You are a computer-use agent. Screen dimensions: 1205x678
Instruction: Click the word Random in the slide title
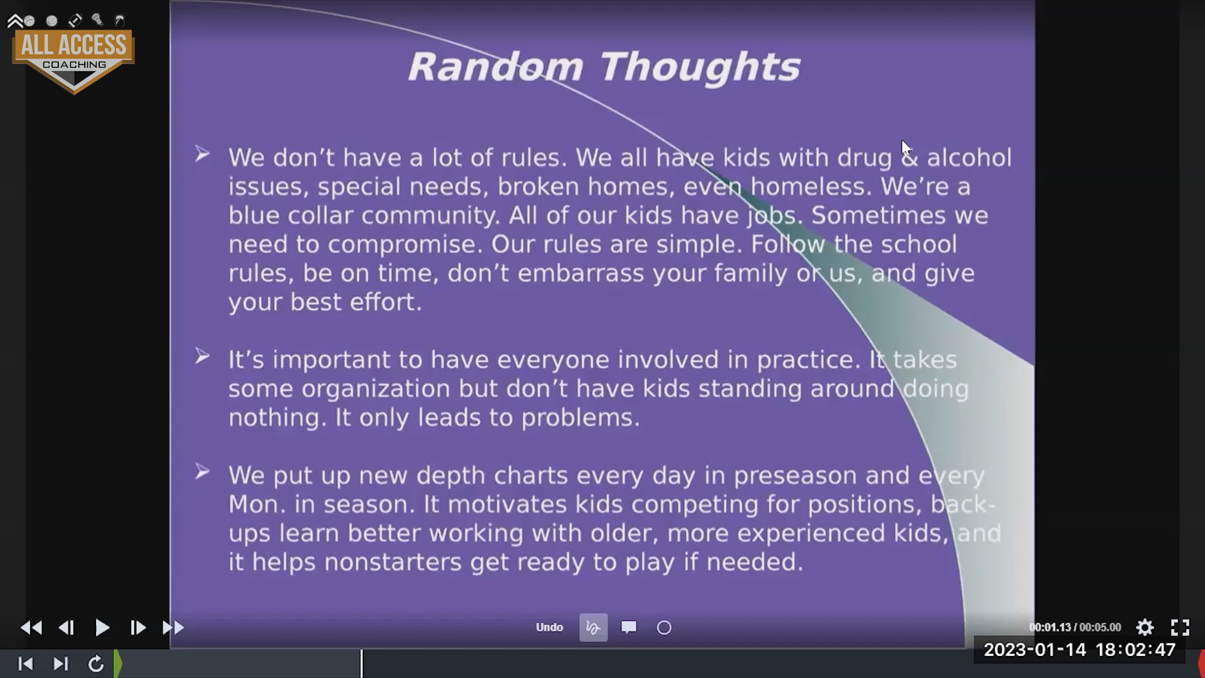496,67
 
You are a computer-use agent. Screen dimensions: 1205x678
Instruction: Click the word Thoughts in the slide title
700,67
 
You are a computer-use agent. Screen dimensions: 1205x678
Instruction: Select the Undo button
549,627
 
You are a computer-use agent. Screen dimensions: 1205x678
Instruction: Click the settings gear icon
1145,627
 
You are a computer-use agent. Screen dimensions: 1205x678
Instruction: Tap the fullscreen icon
1180,627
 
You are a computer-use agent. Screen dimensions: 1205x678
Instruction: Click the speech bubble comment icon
629,627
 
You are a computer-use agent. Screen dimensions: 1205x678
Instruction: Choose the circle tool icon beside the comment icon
664,627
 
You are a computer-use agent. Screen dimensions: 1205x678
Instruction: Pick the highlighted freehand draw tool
593,627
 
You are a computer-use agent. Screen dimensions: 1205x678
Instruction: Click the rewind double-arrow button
31,627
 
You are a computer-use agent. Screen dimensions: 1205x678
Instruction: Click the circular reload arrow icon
95,664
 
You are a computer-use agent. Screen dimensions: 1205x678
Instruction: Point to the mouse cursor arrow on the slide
906,148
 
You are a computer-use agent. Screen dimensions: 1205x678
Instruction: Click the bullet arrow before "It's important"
201,356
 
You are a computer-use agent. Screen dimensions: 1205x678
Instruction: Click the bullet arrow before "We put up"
201,471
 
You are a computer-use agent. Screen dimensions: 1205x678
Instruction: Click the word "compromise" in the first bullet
404,245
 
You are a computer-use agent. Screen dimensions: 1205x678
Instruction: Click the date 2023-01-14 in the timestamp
1035,650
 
